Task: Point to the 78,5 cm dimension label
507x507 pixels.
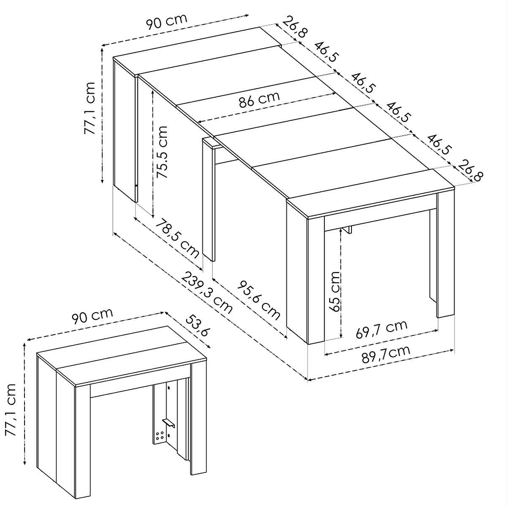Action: [177, 238]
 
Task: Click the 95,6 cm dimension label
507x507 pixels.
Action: [259, 299]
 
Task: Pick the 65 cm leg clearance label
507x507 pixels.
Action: [335, 291]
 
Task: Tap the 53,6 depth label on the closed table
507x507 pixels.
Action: [196, 325]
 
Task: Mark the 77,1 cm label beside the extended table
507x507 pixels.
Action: [90, 109]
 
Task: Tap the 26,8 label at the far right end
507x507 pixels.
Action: [471, 170]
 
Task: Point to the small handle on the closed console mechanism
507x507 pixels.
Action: [168, 422]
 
